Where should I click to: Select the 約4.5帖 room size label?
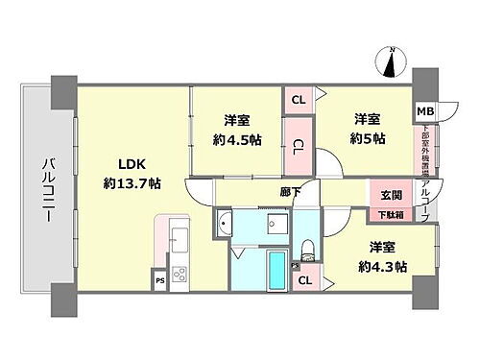[237, 137]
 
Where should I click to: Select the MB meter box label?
[423, 111]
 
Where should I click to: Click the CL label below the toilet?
[303, 280]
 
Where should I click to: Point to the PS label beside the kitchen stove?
[158, 281]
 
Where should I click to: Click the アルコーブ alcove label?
[425, 196]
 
